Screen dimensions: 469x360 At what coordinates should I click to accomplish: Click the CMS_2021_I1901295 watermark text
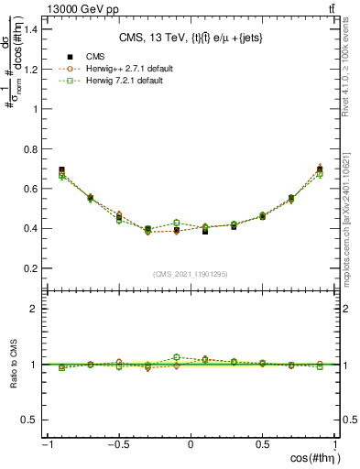click(191, 274)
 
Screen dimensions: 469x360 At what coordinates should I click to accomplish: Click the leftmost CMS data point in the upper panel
click(61, 170)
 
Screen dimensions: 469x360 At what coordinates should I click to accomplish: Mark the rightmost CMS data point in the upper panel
click(320, 169)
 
